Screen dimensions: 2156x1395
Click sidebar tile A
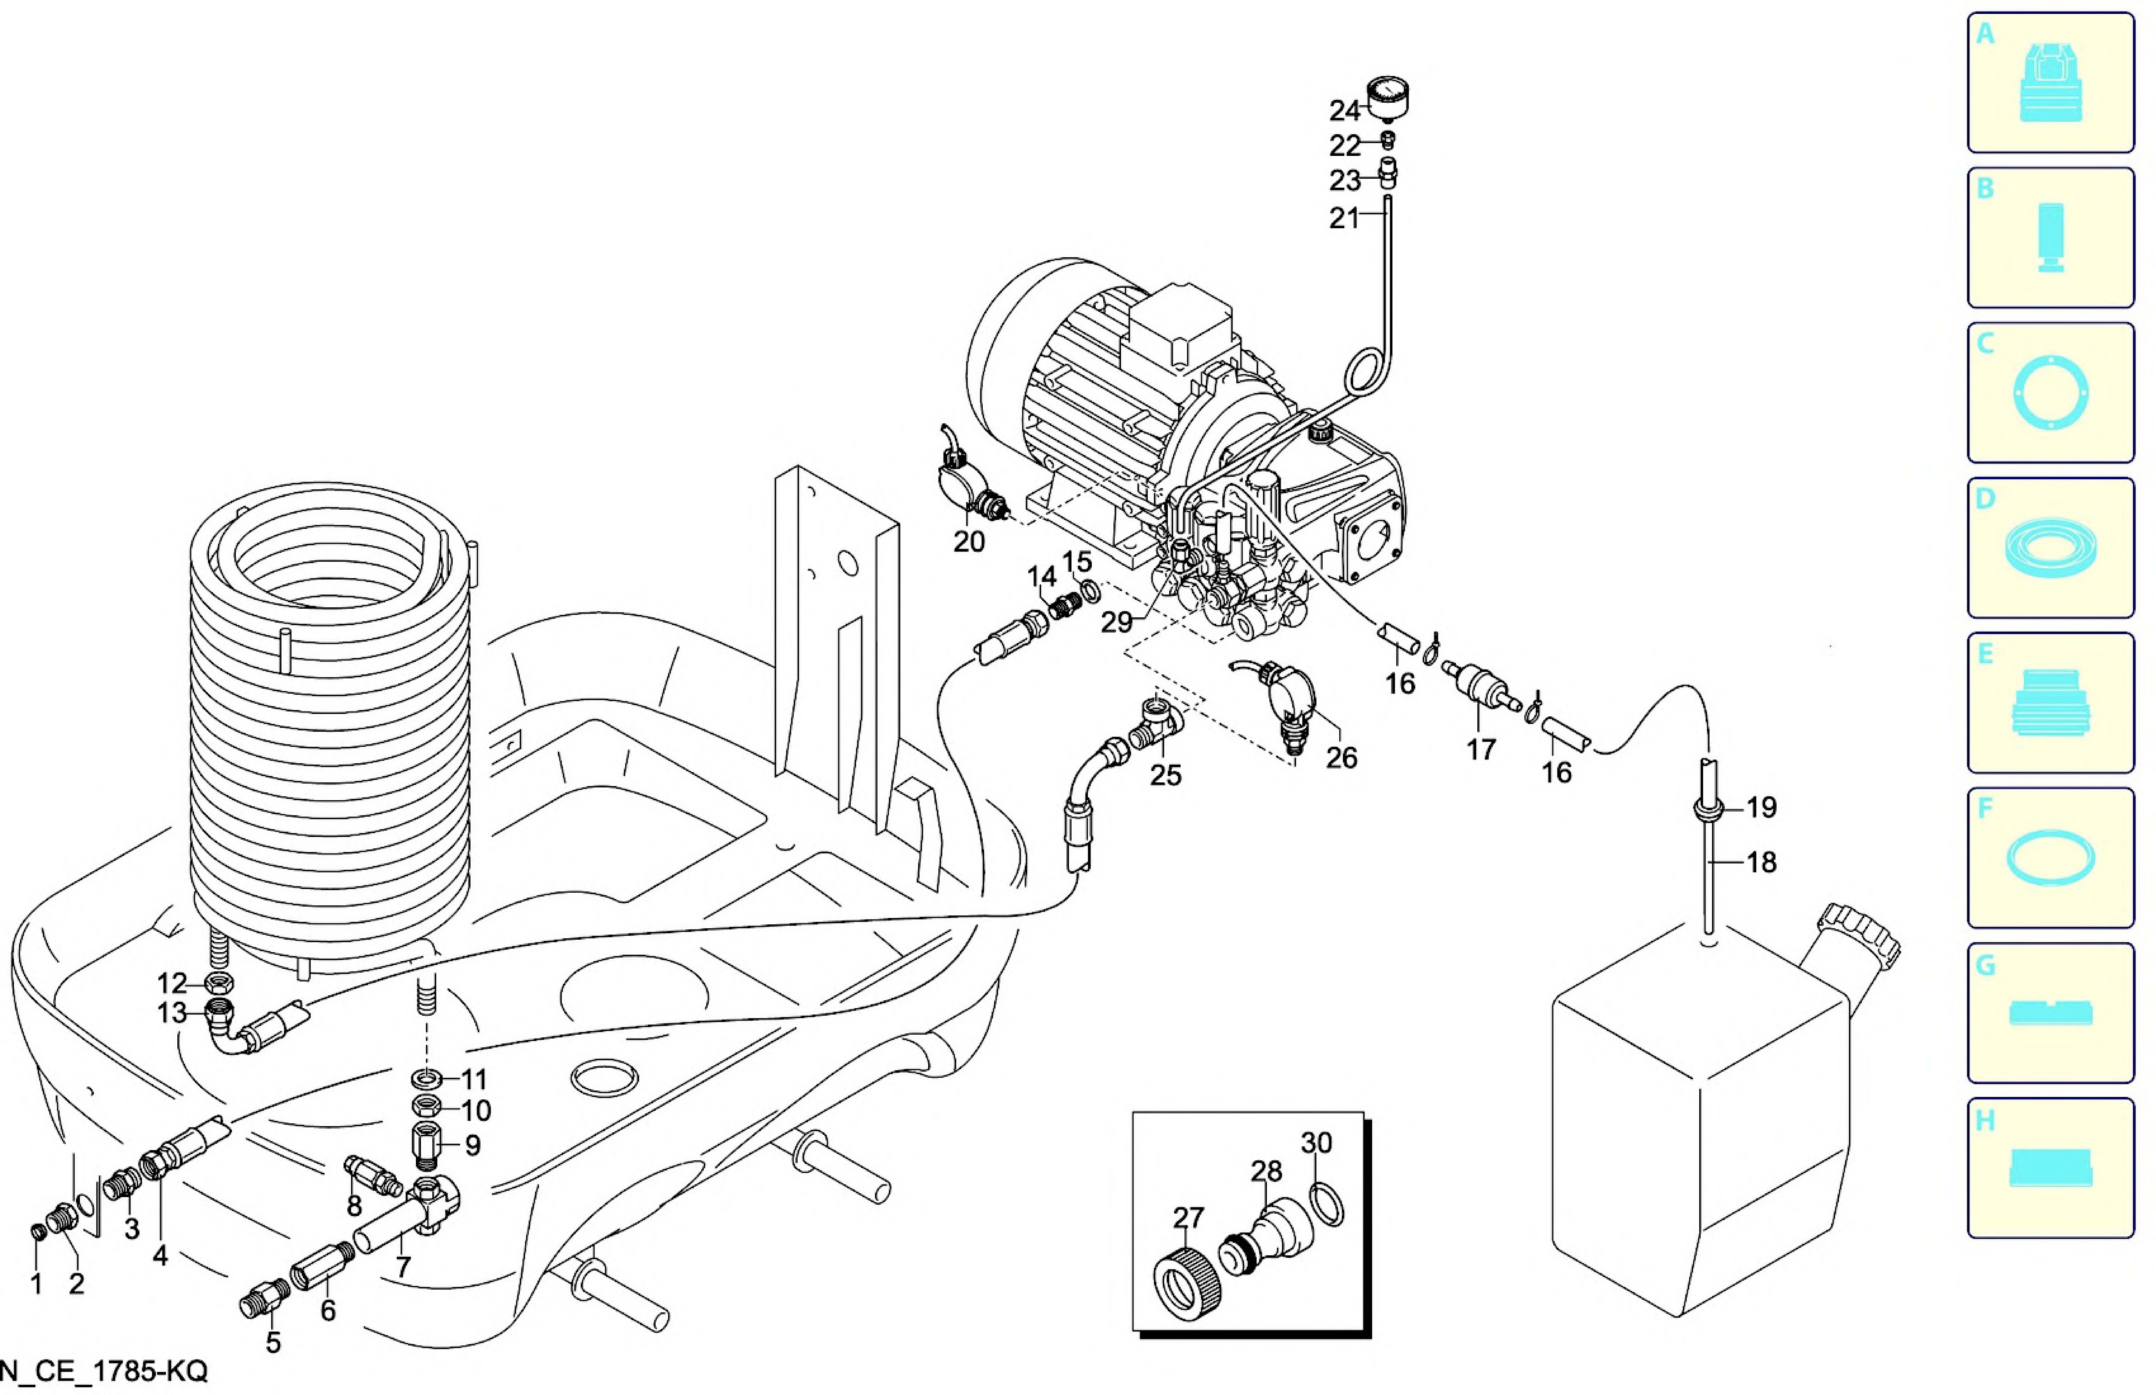(x=2050, y=82)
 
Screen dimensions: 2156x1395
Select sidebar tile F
(x=2050, y=857)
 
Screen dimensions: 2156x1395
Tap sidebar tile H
(x=2050, y=1168)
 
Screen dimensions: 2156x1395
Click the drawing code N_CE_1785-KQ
(x=104, y=1371)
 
